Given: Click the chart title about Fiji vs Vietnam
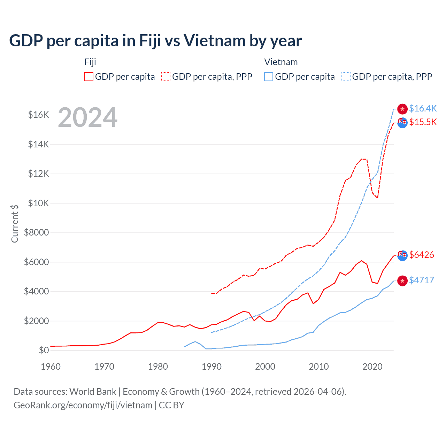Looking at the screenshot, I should coord(155,41).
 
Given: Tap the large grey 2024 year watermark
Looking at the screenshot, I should coord(87,117).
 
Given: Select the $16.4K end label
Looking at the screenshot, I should coord(423,108).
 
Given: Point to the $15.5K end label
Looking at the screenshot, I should coord(423,122).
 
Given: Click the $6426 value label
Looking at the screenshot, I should coord(422,255).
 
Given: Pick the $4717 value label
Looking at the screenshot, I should coord(422,280).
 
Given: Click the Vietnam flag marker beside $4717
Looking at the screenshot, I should coord(402,281).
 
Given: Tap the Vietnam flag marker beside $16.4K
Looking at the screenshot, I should coord(402,109).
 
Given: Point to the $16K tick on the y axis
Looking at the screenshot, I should coord(38,115).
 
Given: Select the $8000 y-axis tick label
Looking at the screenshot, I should coord(36,232).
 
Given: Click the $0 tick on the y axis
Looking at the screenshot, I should coord(44,350).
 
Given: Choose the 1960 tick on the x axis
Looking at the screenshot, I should coord(51,367).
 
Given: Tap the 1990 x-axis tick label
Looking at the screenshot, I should coord(212,367).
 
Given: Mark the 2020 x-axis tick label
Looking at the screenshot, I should coord(372,367).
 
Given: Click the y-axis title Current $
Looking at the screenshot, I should coord(15,223).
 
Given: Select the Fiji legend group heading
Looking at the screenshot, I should coord(90,62).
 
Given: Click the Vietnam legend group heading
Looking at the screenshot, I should coord(281,62).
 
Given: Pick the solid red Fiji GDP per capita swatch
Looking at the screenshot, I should coord(89,77).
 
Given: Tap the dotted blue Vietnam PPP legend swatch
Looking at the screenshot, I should coord(346,77).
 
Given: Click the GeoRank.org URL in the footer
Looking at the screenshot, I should coord(83,405).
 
